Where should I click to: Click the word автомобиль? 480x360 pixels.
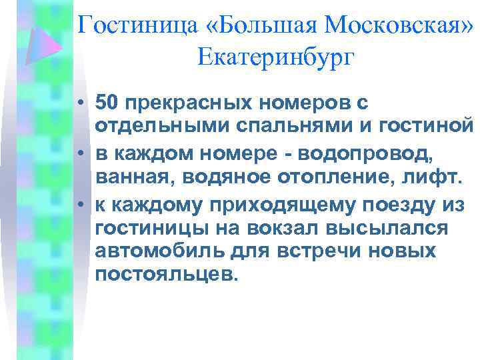[x=159, y=251]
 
